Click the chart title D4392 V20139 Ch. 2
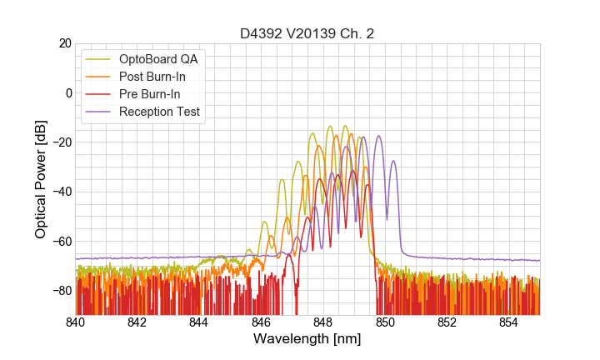(x=307, y=34)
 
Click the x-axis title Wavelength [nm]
(x=307, y=339)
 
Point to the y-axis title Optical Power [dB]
(x=41, y=178)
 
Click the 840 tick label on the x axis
(x=75, y=322)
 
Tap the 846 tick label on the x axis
(x=261, y=322)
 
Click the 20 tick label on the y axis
(x=62, y=43)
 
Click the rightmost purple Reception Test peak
(x=393, y=162)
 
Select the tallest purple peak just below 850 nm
(x=378, y=137)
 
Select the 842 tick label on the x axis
(x=137, y=322)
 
